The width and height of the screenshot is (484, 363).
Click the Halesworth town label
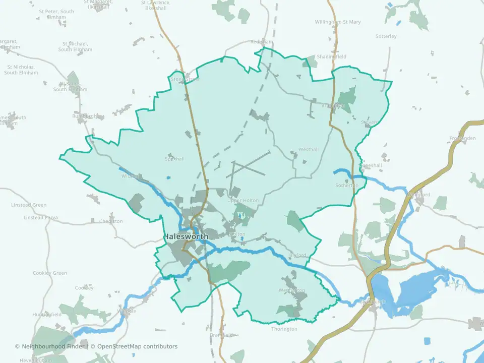[x=187, y=236]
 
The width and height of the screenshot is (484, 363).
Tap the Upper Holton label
[x=243, y=201]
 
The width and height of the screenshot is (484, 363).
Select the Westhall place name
[x=309, y=150]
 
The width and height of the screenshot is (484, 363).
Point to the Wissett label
[x=129, y=176]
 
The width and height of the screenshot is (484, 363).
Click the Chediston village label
[x=111, y=221]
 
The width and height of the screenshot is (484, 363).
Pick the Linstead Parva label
[x=41, y=218]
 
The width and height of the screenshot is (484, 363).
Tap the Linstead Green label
[x=29, y=205]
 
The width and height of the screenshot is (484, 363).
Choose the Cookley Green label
[x=50, y=273]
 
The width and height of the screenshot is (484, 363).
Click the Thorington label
[x=284, y=329]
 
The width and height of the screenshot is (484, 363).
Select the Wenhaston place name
[x=291, y=290]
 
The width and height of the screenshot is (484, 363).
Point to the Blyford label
[x=298, y=255]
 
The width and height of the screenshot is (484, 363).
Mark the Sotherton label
[x=346, y=186]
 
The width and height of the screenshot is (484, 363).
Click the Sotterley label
[x=386, y=36]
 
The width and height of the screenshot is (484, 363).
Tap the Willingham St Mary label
[x=338, y=22]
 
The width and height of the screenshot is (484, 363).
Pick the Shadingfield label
[x=331, y=57]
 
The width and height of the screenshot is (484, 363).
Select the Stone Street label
[x=185, y=79]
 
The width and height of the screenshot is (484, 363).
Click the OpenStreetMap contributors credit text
[x=137, y=346]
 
